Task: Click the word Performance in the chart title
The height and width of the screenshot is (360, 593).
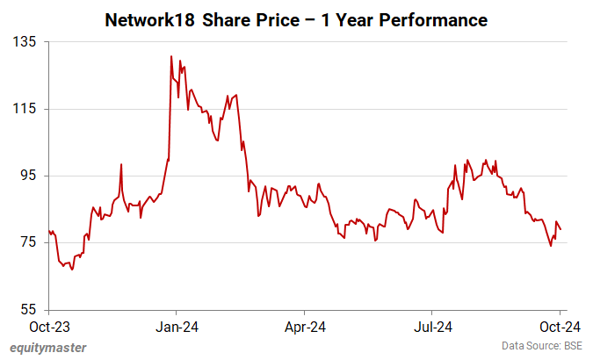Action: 438,18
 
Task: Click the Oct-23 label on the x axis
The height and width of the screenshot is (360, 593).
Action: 49,327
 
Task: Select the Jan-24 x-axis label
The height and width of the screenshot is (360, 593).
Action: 177,327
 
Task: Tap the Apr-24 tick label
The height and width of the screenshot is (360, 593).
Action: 304,327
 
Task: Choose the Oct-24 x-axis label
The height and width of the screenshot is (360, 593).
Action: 560,327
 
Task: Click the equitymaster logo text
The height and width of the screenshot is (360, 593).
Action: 48,348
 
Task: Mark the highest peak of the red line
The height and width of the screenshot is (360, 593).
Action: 170,56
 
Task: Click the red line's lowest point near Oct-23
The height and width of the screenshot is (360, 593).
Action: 72,270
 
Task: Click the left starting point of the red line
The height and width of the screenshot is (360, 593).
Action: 49,230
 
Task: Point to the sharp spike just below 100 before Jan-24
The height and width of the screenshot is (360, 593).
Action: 121,164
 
